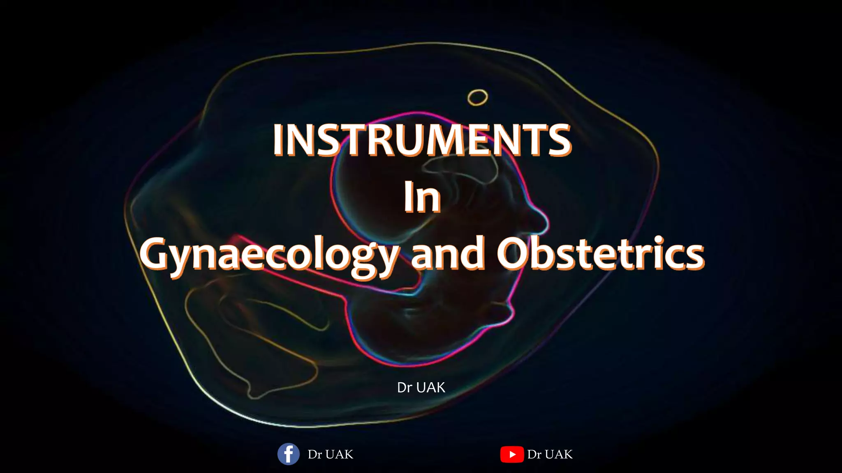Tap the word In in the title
(x=422, y=197)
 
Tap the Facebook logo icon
(x=288, y=454)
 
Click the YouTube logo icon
(x=512, y=454)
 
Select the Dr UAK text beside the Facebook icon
(x=331, y=455)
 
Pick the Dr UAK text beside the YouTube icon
(x=550, y=455)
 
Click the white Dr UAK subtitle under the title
(x=421, y=387)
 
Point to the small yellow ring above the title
(x=477, y=97)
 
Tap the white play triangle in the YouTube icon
(x=512, y=454)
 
